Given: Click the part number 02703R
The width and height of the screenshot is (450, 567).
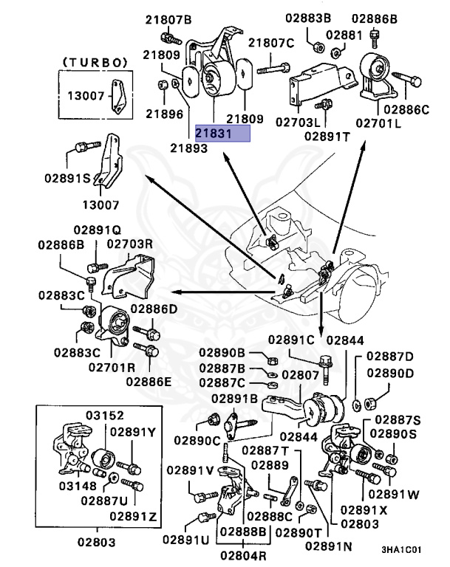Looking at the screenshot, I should point(130,242).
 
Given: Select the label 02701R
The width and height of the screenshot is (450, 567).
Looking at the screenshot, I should point(112,366).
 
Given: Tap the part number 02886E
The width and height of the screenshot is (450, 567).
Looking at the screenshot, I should point(149,381).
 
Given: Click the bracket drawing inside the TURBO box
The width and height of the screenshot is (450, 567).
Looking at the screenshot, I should point(115,96).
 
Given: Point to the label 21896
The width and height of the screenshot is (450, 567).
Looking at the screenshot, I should point(163,114).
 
